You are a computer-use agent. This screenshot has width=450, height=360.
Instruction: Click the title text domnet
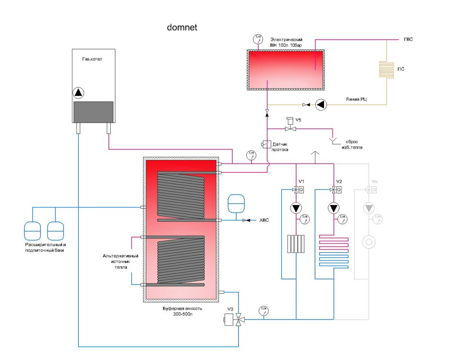pos(182,28)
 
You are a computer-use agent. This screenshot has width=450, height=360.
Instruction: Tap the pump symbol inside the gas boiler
pos(79,93)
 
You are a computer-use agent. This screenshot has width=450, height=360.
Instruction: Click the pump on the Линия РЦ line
pos(321,105)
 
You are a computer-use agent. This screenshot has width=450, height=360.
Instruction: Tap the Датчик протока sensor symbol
pos(265,144)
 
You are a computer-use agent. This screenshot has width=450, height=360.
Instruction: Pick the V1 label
pos(301,181)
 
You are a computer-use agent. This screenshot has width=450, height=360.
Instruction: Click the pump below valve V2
pos(333,208)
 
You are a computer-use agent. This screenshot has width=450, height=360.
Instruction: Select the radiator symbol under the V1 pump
pos(296,244)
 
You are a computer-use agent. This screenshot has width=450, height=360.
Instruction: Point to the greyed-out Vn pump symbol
pos(369,208)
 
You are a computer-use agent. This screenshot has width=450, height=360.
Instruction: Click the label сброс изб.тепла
pos(351,144)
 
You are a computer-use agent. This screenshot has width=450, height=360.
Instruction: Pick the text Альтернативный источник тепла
pos(121,261)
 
